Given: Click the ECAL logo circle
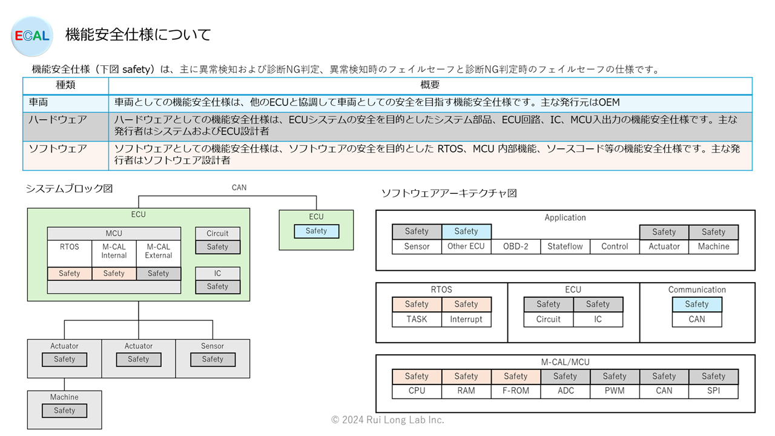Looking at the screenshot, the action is pos(32,36).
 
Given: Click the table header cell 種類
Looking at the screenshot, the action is pos(66,85).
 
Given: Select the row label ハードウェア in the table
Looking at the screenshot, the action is pos(58,120).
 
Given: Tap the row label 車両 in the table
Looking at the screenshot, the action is pos(38,102).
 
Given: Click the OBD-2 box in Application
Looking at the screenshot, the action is pos(515,246).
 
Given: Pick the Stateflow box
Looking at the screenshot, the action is pos(565,246).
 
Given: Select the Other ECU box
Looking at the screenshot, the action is pos(466,246).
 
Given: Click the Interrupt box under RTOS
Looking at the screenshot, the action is pos(466,319).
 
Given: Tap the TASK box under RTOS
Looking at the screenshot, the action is pos(417,319).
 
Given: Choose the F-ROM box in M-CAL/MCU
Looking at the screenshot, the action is pos(515,391).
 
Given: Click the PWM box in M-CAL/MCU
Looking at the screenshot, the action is pos(615,391).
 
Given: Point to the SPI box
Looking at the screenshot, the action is pos(713,391).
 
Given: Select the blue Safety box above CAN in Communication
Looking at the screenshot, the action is pos(697,305).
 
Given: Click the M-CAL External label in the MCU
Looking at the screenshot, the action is pos(159,251).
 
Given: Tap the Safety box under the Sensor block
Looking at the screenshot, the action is pos(213,360).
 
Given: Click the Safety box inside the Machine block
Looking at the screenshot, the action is pos(64,411).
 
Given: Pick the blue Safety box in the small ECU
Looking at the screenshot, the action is pos(316,231).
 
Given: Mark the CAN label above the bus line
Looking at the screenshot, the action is pos(239,188).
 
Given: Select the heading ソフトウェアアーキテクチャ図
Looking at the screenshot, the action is pos(449,193).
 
